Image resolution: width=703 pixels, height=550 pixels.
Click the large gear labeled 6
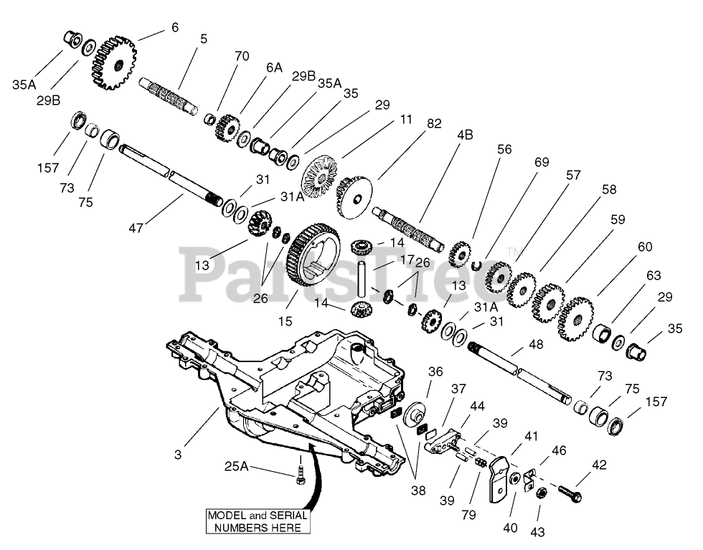click(x=113, y=63)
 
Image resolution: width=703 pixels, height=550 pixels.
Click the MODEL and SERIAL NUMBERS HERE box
click(x=258, y=521)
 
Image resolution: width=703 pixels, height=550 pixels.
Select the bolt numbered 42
click(x=567, y=494)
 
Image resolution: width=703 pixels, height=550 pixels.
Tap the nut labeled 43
click(x=542, y=494)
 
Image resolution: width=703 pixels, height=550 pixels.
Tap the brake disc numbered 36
click(x=414, y=417)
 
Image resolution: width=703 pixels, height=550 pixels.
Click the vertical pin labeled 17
click(x=363, y=280)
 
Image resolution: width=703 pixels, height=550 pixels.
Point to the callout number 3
click(x=178, y=454)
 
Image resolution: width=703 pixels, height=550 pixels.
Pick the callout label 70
click(x=242, y=55)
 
